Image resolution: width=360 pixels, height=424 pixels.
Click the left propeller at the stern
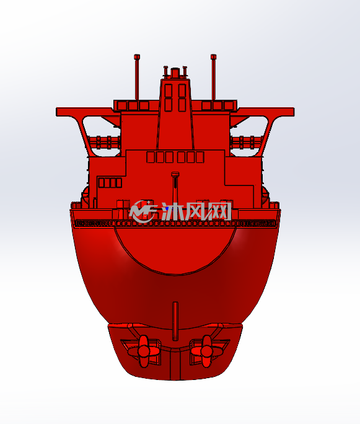pyautogui.click(x=144, y=351)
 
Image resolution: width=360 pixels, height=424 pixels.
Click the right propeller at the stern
pyautogui.click(x=207, y=351)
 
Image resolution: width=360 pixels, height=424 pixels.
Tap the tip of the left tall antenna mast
pyautogui.click(x=137, y=55)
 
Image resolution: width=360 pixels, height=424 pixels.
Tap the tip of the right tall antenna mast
pyautogui.click(x=214, y=55)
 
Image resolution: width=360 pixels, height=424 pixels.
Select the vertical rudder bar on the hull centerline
pyautogui.click(x=175, y=321)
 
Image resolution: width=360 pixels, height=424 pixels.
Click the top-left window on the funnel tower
pyautogui.click(x=169, y=91)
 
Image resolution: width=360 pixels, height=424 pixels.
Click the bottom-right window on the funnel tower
pyautogui.click(x=182, y=105)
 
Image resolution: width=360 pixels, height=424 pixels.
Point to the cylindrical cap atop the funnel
pyautogui.click(x=175, y=73)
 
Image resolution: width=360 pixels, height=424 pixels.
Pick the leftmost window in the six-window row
pyautogui.click(x=151, y=157)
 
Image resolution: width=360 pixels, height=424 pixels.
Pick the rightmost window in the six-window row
pyautogui.click(x=200, y=157)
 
